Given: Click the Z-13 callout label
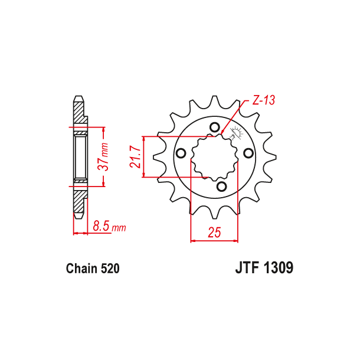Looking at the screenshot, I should pyautogui.click(x=264, y=101).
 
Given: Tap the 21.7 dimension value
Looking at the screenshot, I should pyautogui.click(x=136, y=156).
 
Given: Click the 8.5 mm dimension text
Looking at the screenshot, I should pyautogui.click(x=109, y=226).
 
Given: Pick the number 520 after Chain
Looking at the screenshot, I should pyautogui.click(x=110, y=269).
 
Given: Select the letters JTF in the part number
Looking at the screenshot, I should pyautogui.click(x=243, y=269).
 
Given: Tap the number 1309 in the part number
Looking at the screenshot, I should pyautogui.click(x=276, y=269).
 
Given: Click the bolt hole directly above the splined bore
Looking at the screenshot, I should pyautogui.click(x=214, y=127).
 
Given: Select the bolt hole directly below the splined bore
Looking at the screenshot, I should pyautogui.click(x=221, y=186).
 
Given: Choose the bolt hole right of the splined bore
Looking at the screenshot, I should pyautogui.click(x=248, y=152).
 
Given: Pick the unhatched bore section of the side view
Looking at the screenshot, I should pyautogui.click(x=80, y=156).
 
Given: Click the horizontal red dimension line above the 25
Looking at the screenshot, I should pyautogui.click(x=214, y=240).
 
